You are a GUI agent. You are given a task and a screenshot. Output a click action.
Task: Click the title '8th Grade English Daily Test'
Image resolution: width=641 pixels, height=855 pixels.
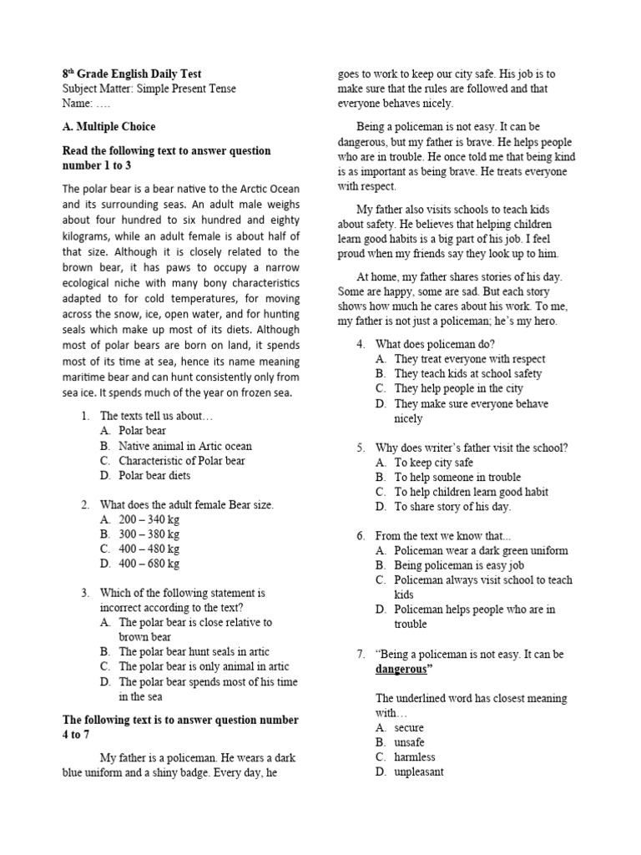click(x=132, y=74)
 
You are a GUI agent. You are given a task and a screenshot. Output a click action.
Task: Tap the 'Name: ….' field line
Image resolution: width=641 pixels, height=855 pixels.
click(x=86, y=104)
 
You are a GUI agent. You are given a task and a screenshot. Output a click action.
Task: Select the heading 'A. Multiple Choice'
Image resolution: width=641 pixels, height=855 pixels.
click(x=109, y=127)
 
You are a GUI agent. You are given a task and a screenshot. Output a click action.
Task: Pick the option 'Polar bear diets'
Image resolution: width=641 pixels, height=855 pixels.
click(x=154, y=476)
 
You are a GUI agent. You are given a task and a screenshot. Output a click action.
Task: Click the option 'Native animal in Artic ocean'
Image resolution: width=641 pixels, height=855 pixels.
click(x=184, y=447)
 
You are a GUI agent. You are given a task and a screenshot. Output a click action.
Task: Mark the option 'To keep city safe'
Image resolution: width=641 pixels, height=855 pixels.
click(x=433, y=463)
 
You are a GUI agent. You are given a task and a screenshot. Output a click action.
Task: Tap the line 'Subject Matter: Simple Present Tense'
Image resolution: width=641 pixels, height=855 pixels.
click(x=149, y=89)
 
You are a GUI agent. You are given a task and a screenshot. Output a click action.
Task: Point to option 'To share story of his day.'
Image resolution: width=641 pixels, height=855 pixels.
click(x=452, y=507)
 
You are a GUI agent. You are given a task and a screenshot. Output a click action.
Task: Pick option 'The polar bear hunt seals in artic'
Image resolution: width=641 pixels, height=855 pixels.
click(x=194, y=651)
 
